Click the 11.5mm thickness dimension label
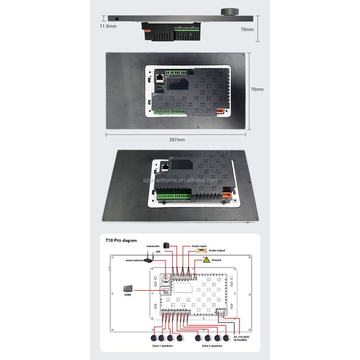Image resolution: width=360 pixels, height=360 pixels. (108, 26)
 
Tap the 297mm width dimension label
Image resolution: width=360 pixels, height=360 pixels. (177, 139)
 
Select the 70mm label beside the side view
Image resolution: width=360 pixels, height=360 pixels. (247, 29)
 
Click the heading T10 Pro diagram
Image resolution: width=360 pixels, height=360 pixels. (121, 240)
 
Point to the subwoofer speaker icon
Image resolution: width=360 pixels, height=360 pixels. (166, 246)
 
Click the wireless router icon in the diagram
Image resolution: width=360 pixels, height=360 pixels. (150, 256)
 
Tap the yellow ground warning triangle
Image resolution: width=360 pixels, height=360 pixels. (206, 260)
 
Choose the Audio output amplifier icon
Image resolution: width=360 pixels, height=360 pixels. (200, 252)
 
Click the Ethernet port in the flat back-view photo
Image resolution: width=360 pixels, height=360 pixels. (159, 77)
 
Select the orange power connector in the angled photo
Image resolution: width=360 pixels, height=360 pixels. (228, 195)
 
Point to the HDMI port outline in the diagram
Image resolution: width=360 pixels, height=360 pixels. (166, 291)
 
